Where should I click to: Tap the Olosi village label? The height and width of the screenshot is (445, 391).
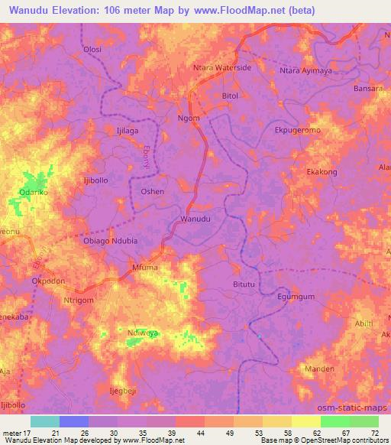pyautogui.click(x=92, y=49)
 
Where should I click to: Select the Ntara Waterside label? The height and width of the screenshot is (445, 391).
pyautogui.click(x=223, y=68)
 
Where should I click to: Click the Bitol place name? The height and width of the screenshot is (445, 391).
pyautogui.click(x=230, y=96)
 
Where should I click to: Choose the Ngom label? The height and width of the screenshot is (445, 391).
pyautogui.click(x=189, y=119)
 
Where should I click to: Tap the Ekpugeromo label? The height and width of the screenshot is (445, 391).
pyautogui.click(x=297, y=131)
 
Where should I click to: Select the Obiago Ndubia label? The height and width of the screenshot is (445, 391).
pyautogui.click(x=110, y=241)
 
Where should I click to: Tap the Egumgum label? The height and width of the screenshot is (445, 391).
pyautogui.click(x=296, y=296)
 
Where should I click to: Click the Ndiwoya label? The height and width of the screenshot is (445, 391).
pyautogui.click(x=144, y=333)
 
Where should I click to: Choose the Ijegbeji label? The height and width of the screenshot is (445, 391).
pyautogui.click(x=127, y=390)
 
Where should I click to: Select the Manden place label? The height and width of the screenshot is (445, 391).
pyautogui.click(x=319, y=369)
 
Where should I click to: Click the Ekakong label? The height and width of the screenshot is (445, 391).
pyautogui.click(x=322, y=172)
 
